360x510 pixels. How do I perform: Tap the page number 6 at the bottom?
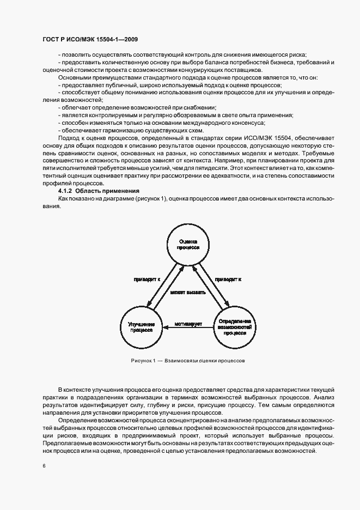coord(44,466)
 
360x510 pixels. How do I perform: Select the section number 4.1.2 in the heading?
coord(65,191)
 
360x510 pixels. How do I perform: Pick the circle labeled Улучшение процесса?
coord(141,327)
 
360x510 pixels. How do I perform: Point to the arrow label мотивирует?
coord(188,324)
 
